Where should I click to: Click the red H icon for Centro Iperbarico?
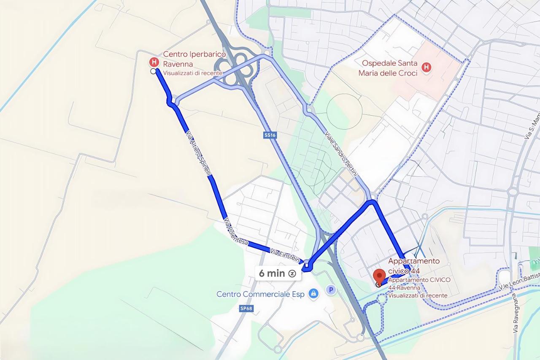[154, 62]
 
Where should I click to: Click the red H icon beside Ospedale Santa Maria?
[427, 67]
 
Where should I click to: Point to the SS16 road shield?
[270, 135]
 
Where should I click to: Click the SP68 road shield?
[246, 309]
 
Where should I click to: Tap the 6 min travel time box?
[278, 273]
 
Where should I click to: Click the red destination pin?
[380, 276]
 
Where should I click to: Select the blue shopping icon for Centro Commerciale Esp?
[313, 294]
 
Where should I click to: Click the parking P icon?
[331, 290]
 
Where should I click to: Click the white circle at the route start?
[153, 72]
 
